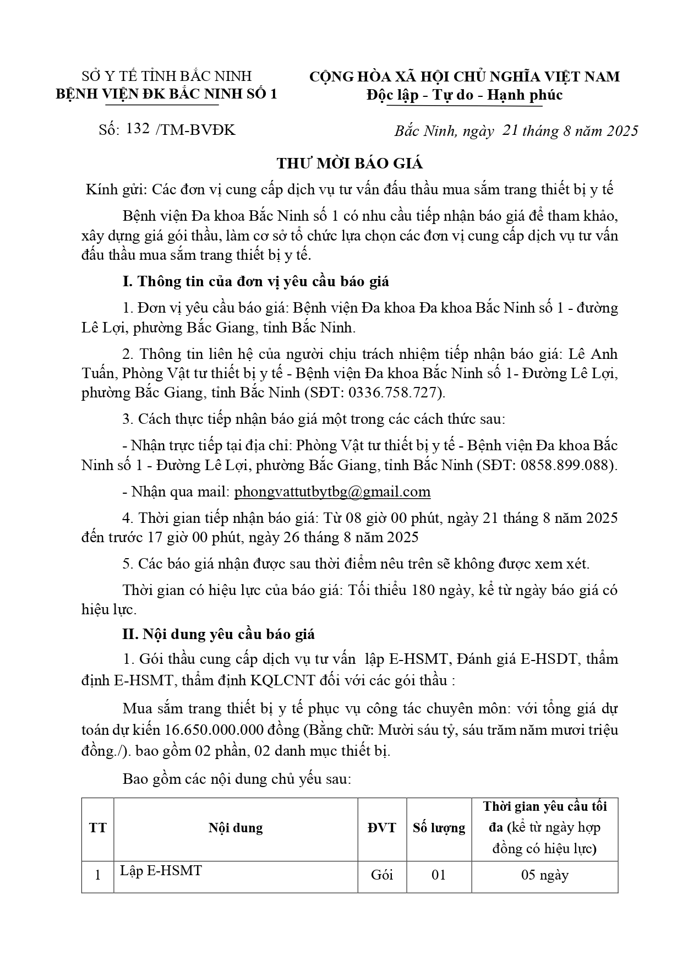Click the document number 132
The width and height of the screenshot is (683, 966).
click(x=138, y=129)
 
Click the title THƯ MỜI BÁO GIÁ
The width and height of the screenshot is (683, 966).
click(x=349, y=163)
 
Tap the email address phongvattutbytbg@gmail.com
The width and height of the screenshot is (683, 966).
click(x=332, y=492)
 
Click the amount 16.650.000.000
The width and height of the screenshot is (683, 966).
click(x=218, y=730)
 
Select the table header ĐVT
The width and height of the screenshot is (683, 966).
click(x=381, y=828)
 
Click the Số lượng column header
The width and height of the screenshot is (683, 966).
click(x=439, y=828)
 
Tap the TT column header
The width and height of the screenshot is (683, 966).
click(x=97, y=828)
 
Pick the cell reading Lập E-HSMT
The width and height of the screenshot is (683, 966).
click(x=161, y=871)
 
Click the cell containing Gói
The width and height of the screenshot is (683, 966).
click(x=381, y=875)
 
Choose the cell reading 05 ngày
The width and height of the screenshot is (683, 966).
click(x=545, y=875)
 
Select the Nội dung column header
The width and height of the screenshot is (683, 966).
click(x=236, y=828)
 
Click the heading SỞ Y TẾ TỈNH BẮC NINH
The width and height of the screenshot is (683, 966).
click(x=166, y=76)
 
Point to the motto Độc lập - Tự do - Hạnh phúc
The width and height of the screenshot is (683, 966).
click(x=465, y=95)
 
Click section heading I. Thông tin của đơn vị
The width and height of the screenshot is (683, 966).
click(x=255, y=281)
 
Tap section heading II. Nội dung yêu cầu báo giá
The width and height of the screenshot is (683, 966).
click(x=218, y=634)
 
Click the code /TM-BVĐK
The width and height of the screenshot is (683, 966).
click(x=195, y=130)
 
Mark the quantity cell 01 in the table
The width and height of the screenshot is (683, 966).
click(x=439, y=875)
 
